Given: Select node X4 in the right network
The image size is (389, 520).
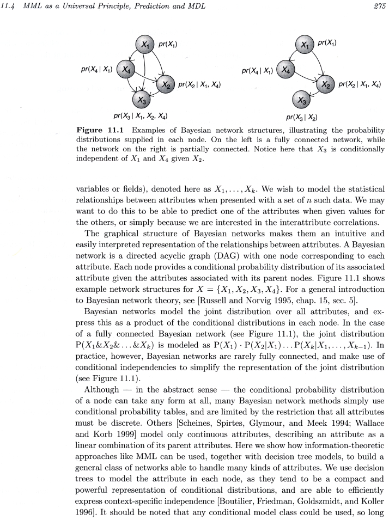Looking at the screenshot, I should pos(287,70).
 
